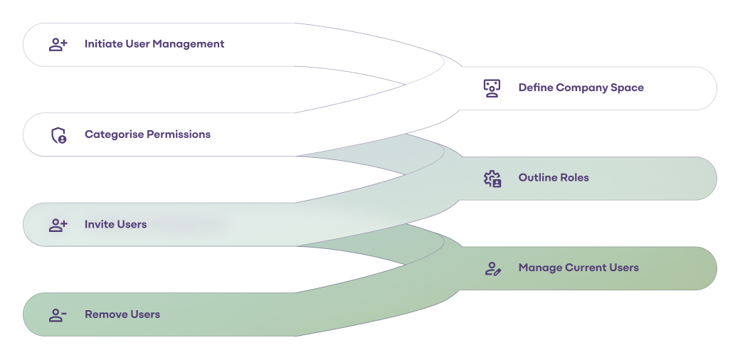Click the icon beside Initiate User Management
pyautogui.click(x=58, y=44)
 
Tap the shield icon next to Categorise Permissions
pyautogui.click(x=58, y=134)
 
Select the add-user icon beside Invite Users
pyautogui.click(x=58, y=225)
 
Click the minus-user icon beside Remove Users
pyautogui.click(x=58, y=314)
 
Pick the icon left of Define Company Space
pyautogui.click(x=492, y=88)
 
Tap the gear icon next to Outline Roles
pyautogui.click(x=492, y=178)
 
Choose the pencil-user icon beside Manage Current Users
pyautogui.click(x=492, y=268)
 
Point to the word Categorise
pyautogui.click(x=114, y=134)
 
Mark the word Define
pyautogui.click(x=536, y=88)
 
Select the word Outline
pyautogui.click(x=539, y=178)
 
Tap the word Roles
pyautogui.click(x=576, y=178)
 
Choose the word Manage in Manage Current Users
pyautogui.click(x=540, y=268)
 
